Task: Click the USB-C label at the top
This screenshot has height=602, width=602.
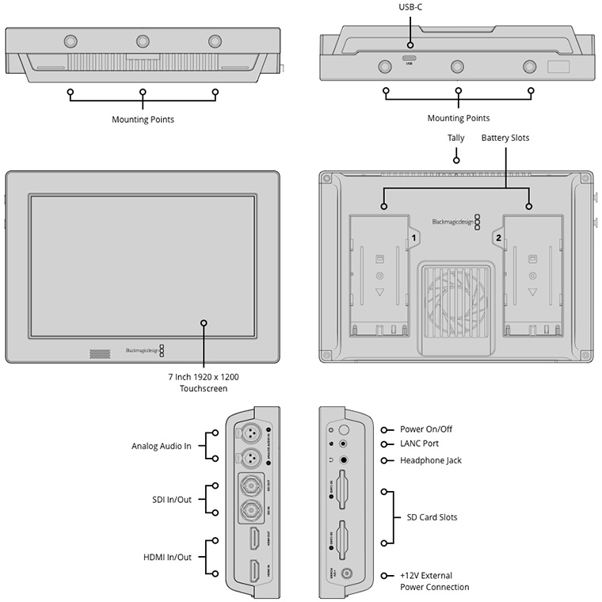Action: [x=410, y=7]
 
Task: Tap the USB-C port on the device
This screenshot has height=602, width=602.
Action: [x=410, y=58]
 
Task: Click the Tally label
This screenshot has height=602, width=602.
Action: [x=455, y=138]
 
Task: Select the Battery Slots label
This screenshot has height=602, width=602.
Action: [x=505, y=138]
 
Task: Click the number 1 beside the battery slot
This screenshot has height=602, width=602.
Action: [x=413, y=237]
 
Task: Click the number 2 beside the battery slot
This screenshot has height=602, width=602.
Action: [x=498, y=237]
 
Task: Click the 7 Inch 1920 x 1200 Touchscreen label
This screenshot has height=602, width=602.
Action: [x=204, y=383]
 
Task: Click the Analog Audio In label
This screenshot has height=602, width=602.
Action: [x=162, y=446]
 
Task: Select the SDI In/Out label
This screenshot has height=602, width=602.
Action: [x=171, y=499]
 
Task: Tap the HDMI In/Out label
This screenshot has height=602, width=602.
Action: [x=168, y=557]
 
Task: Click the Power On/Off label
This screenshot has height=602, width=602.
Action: [x=426, y=429]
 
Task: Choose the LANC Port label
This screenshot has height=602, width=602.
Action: [x=419, y=444]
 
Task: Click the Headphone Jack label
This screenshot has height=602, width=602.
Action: [x=430, y=460]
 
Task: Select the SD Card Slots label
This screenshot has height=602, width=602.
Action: [x=432, y=517]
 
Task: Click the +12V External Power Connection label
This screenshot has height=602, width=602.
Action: [x=434, y=581]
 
